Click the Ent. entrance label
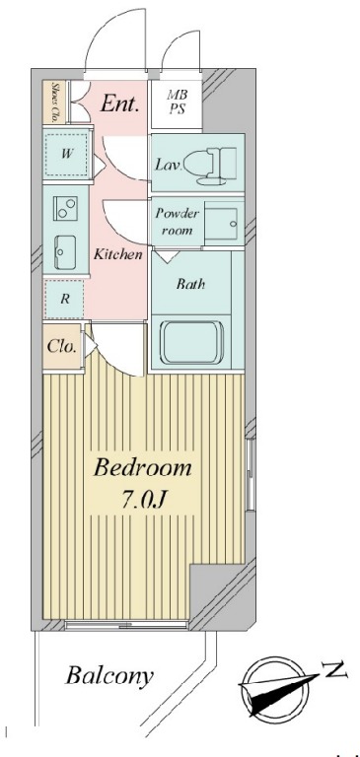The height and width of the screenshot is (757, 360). (x=119, y=103)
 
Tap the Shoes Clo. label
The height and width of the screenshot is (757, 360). (x=55, y=102)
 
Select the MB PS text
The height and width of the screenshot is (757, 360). (x=178, y=102)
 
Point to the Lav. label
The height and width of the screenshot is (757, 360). (x=168, y=166)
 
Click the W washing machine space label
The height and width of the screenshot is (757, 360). (x=67, y=155)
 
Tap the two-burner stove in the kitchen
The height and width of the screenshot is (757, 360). (x=66, y=209)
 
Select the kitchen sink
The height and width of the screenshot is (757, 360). (x=66, y=252)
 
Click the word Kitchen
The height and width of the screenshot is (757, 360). (x=118, y=254)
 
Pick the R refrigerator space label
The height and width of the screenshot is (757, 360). (x=65, y=299)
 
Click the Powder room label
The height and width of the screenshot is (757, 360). (x=177, y=222)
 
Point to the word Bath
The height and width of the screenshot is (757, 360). (x=190, y=284)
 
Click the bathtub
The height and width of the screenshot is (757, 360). (x=192, y=342)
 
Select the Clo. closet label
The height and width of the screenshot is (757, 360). (x=62, y=346)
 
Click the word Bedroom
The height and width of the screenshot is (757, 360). (x=143, y=468)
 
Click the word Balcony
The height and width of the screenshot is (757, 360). (x=109, y=676)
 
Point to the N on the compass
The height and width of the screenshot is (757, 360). (x=335, y=670)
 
